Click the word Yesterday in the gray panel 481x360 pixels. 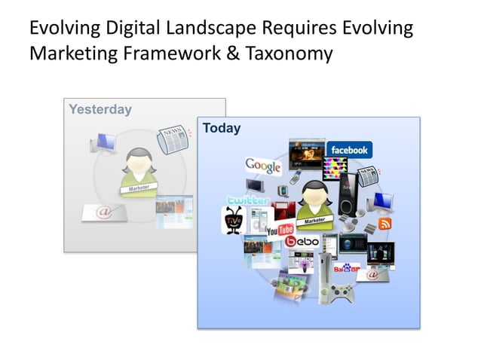100,109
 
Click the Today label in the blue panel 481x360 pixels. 222,128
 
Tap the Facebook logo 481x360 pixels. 348,150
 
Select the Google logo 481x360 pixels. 263,165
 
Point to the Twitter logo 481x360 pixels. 248,201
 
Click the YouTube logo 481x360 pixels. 280,229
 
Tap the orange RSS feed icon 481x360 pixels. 384,224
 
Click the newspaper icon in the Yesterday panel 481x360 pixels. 171,140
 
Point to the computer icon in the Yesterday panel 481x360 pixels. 103,142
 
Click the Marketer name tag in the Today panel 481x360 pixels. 315,221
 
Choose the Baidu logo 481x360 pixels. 347,267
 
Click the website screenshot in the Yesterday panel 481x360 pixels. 174,212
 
